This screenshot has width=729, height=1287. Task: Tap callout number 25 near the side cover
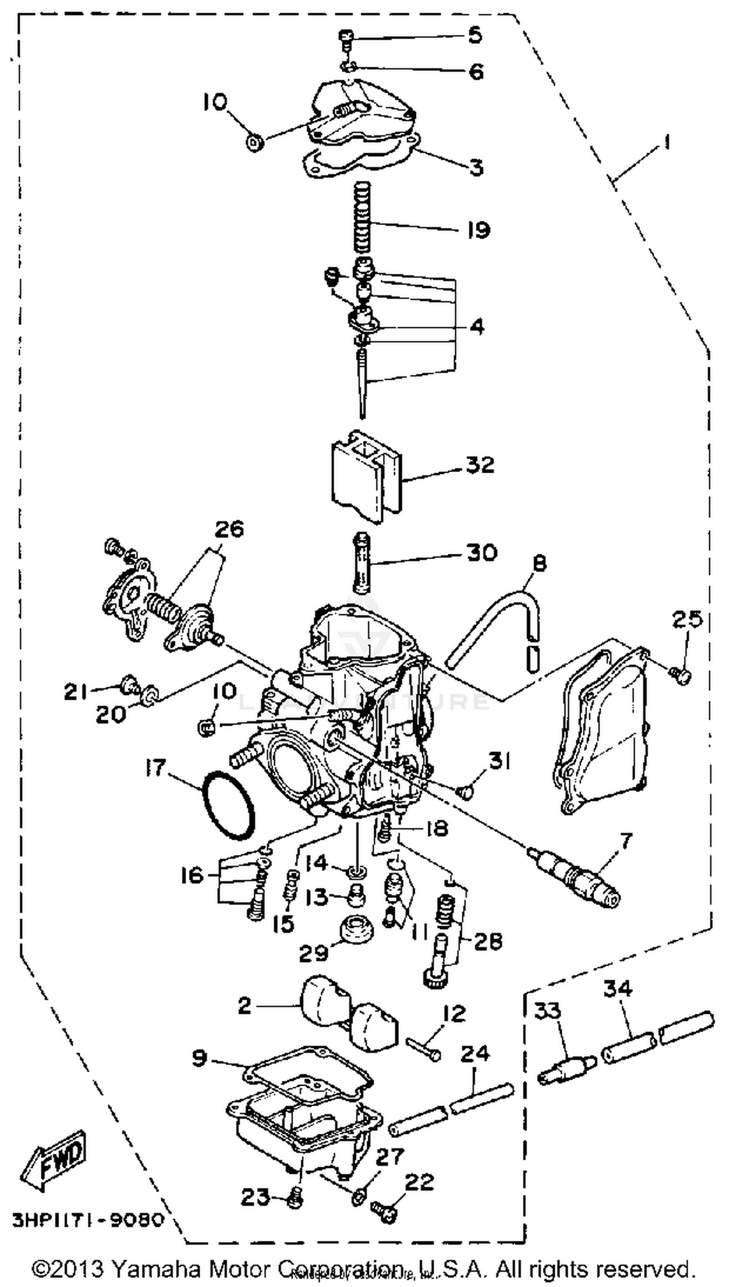pyautogui.click(x=687, y=619)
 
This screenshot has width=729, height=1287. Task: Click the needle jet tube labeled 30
pyautogui.click(x=362, y=564)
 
